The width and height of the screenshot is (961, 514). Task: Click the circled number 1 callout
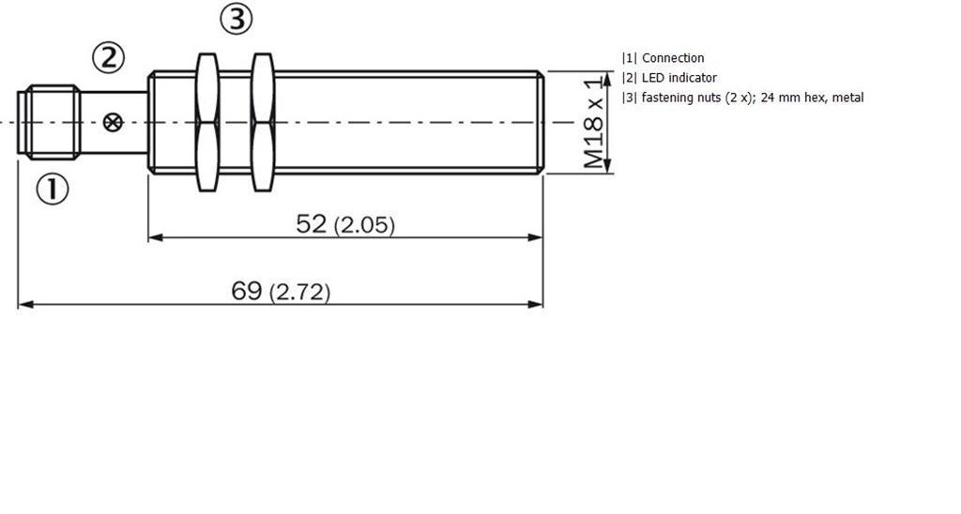53,189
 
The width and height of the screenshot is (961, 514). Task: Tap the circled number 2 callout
109,57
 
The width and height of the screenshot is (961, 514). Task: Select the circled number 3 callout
236,20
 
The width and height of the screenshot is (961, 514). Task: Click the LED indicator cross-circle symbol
113,123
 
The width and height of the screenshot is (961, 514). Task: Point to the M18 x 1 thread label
593,123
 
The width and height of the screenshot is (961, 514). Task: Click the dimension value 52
312,223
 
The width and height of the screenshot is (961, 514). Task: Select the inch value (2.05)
365,225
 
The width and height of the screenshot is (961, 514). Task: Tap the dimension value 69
247,291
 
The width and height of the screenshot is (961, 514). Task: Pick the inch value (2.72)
299,293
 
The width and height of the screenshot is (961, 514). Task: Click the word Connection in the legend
673,58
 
